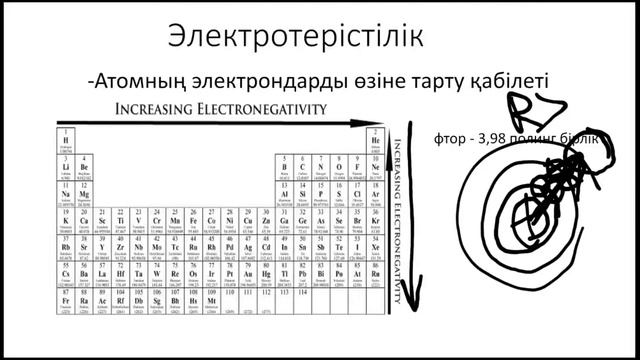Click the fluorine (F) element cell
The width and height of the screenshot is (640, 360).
pos(357,164)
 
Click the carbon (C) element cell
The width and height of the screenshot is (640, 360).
pos(302,164)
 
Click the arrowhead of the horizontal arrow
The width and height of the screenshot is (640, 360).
pos(380,124)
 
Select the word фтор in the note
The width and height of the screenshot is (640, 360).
pos(449,139)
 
